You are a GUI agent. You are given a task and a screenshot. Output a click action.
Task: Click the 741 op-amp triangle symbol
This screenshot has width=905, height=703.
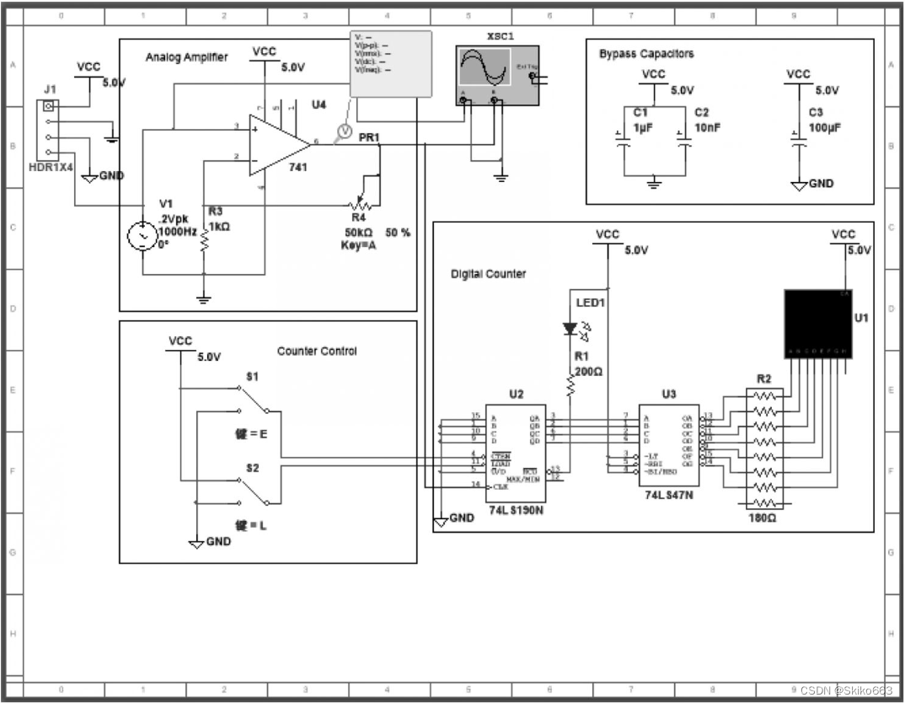pos(276,145)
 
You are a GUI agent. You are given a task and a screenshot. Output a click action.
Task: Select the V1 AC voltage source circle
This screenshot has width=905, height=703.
pos(140,236)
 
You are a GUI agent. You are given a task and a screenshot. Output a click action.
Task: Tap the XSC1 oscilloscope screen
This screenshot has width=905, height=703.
pos(484,68)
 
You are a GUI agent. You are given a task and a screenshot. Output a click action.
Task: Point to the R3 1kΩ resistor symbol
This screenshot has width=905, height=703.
pos(204,243)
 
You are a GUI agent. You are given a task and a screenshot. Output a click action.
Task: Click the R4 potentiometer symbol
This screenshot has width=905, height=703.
pos(361,203)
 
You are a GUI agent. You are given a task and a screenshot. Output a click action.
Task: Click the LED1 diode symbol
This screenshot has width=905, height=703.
pos(570,328)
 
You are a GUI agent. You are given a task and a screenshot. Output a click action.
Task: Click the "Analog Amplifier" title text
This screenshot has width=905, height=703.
pos(186,57)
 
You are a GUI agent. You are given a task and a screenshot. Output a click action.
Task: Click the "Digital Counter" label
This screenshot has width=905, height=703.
pos(488,274)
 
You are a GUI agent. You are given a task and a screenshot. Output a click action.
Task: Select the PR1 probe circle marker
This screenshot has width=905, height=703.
pos(343,130)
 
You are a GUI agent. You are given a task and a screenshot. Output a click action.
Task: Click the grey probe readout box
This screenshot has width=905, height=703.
pos(390,63)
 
